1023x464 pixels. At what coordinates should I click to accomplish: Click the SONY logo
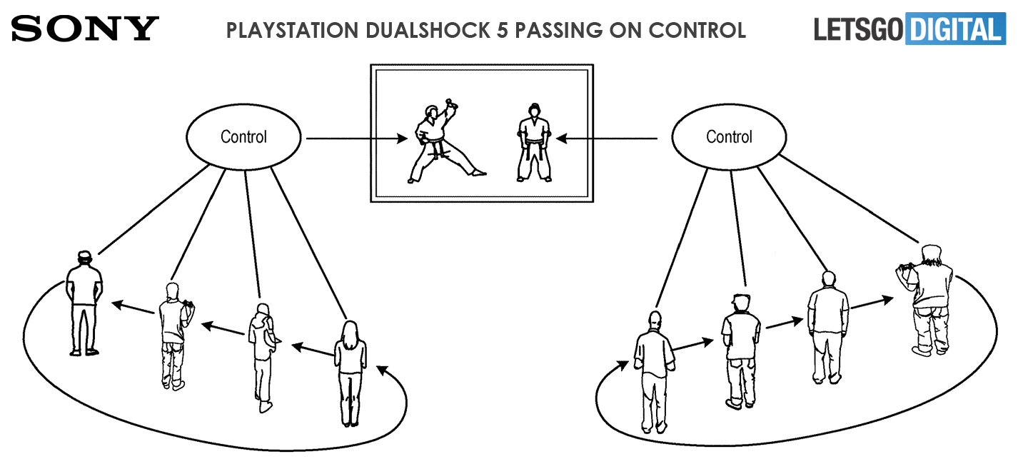[x=85, y=29]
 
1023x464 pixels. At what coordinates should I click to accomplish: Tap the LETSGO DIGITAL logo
[x=909, y=29]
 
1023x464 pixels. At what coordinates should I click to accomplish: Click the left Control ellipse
[x=243, y=137]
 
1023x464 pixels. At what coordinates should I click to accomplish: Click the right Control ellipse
[x=728, y=137]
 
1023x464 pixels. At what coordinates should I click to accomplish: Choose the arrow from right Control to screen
[x=607, y=138]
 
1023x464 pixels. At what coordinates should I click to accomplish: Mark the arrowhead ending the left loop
[x=381, y=370]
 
